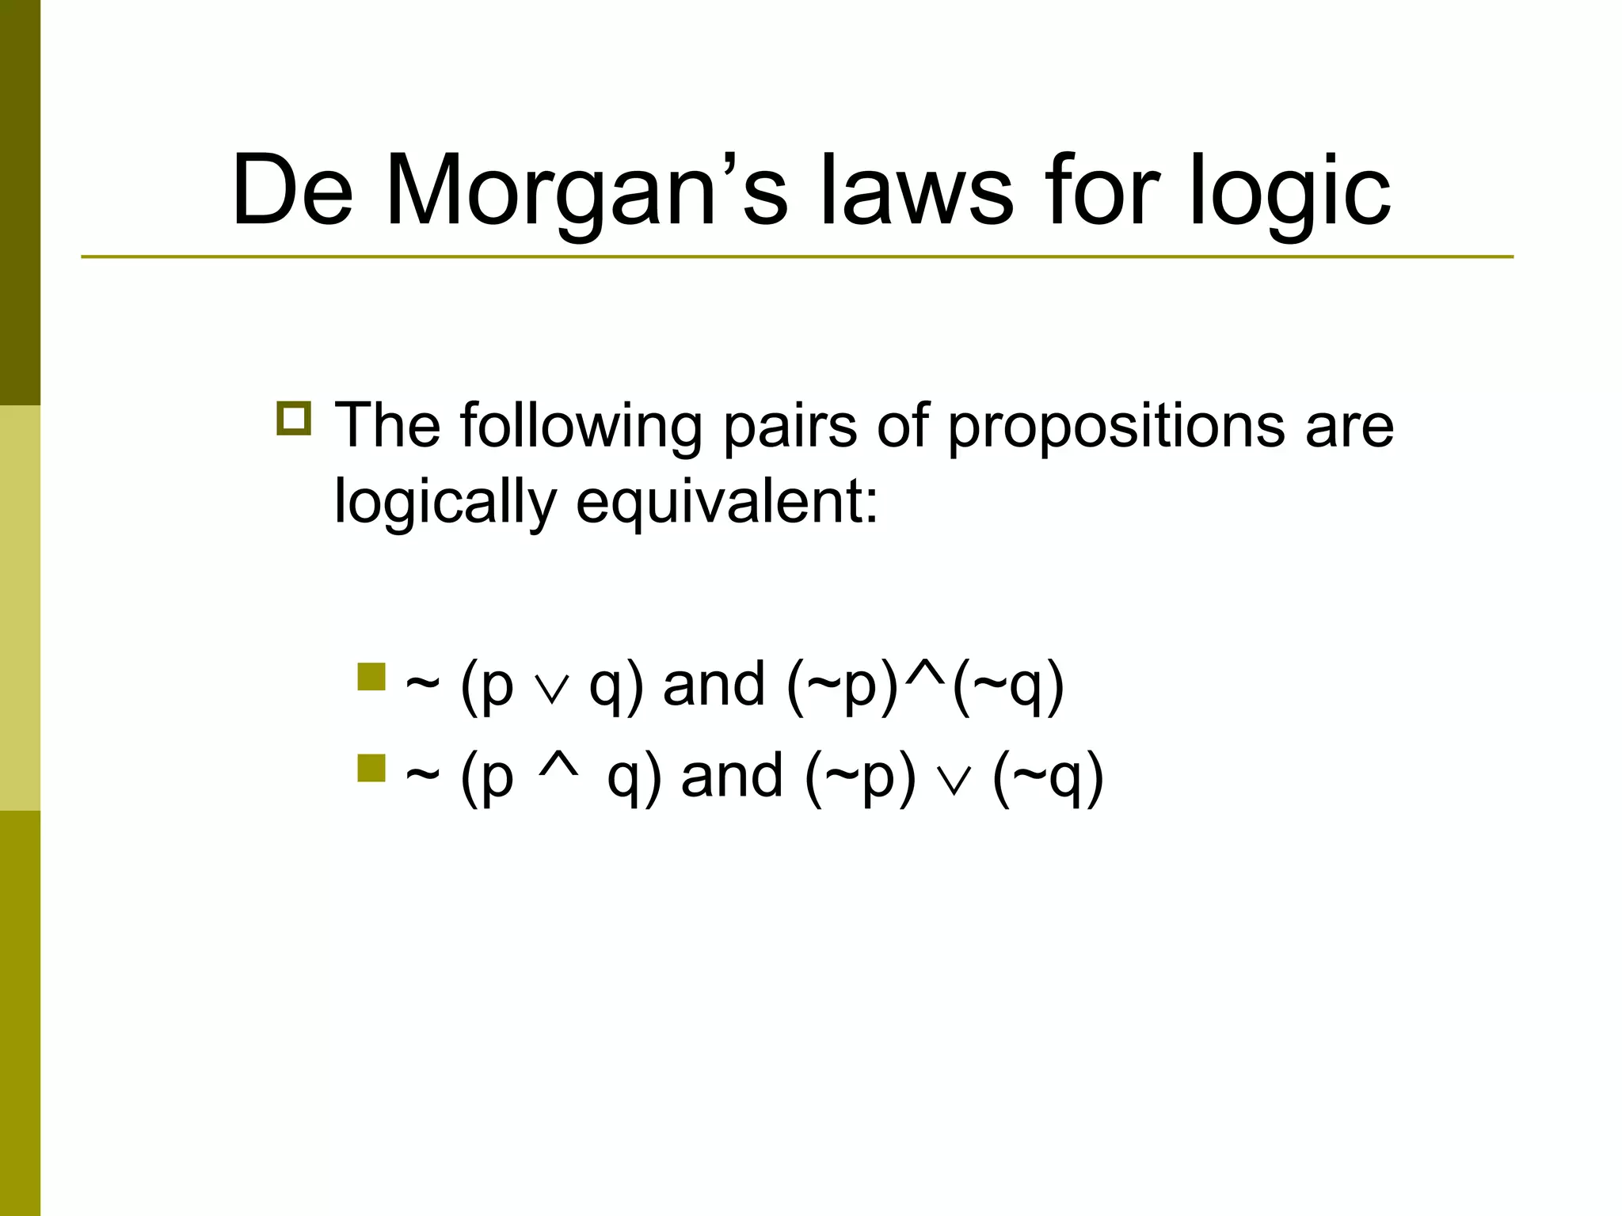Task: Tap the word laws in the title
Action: tap(916, 192)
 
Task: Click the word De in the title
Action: tap(291, 192)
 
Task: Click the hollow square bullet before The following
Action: tap(294, 418)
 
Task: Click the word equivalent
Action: tap(726, 503)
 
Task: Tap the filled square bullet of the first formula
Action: tap(371, 677)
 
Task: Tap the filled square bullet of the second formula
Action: tap(371, 768)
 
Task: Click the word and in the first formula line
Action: tap(714, 685)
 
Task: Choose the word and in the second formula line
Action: tap(732, 776)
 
